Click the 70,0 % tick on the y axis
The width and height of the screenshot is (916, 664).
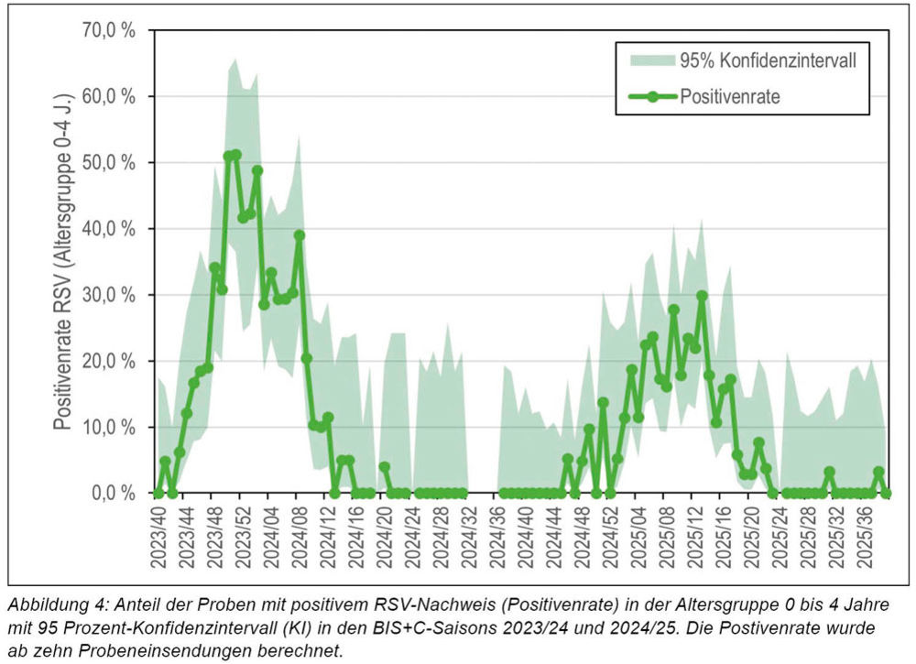(109, 30)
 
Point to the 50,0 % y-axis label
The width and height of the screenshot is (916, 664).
(109, 162)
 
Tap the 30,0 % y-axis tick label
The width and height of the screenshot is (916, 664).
(109, 295)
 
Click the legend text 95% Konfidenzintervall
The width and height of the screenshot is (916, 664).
(768, 61)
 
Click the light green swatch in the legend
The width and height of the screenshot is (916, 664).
(653, 61)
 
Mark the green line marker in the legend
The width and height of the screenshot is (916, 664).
(653, 96)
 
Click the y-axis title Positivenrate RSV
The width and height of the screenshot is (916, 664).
(62, 261)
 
